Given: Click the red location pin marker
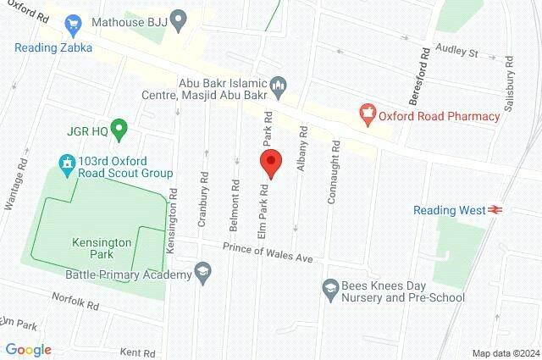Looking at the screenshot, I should (x=270, y=162).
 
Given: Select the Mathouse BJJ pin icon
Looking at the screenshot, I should (x=178, y=18).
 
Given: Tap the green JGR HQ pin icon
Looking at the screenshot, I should (x=119, y=130).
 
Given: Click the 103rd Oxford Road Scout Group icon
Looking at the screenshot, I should (x=65, y=161).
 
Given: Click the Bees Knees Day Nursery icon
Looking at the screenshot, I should (x=329, y=290).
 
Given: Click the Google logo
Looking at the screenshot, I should (x=28, y=349).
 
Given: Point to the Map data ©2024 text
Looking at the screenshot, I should (x=505, y=353).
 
